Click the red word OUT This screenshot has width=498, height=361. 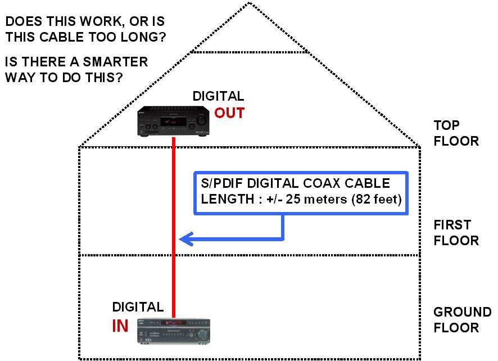point(229,113)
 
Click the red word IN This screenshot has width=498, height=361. point(120,326)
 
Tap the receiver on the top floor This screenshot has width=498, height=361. point(174,121)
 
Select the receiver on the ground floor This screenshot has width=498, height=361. point(174,331)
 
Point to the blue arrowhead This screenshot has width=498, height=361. point(187,239)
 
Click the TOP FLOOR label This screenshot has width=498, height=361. point(456,133)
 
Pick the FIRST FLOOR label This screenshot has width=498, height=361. point(456,233)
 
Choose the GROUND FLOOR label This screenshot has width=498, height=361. point(463,320)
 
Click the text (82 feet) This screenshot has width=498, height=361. point(377,199)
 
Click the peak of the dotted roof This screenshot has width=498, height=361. point(250,3)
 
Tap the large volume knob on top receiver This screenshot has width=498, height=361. point(201,120)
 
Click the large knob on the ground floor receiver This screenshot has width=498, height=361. point(202,333)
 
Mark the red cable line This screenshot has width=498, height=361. point(174,228)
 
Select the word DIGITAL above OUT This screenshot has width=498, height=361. point(218,96)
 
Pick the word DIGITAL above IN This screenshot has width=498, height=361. point(138,307)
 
